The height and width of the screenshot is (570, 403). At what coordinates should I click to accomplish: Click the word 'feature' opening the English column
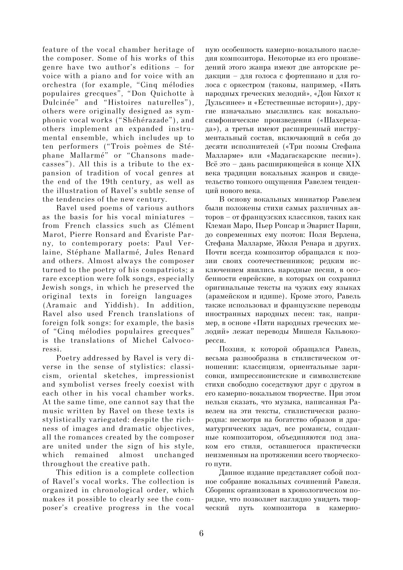54,50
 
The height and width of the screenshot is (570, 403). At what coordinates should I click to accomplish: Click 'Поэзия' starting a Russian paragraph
232,349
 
